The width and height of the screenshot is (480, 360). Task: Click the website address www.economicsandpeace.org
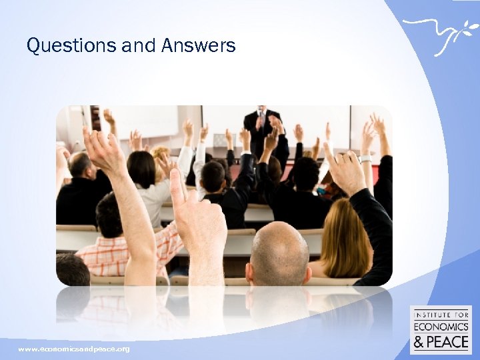pyautogui.click(x=74, y=349)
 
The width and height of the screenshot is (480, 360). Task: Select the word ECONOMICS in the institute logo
pyautogui.click(x=441, y=326)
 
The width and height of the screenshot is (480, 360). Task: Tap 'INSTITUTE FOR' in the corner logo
pyautogui.click(x=441, y=314)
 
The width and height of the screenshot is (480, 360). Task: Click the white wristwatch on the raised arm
pyautogui.click(x=365, y=159)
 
